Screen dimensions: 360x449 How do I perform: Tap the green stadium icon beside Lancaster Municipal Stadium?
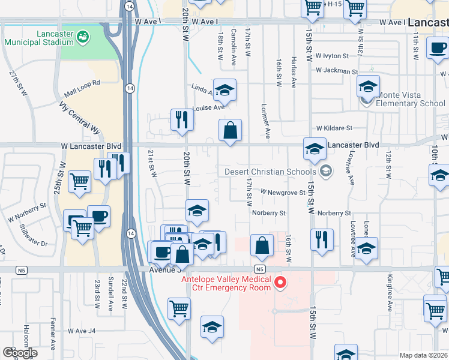tap(83, 37)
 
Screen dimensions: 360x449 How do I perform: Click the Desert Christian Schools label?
tap(271, 172)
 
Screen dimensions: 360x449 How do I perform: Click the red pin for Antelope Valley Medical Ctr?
tap(279, 282)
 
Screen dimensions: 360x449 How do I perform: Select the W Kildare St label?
tap(334, 128)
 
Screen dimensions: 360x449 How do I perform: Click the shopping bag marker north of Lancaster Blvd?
tap(230, 131)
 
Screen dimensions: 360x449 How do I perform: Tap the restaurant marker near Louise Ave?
tap(181, 120)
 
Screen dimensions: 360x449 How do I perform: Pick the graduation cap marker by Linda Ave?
tap(225, 91)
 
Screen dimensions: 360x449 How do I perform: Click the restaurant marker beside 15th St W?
tap(322, 239)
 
